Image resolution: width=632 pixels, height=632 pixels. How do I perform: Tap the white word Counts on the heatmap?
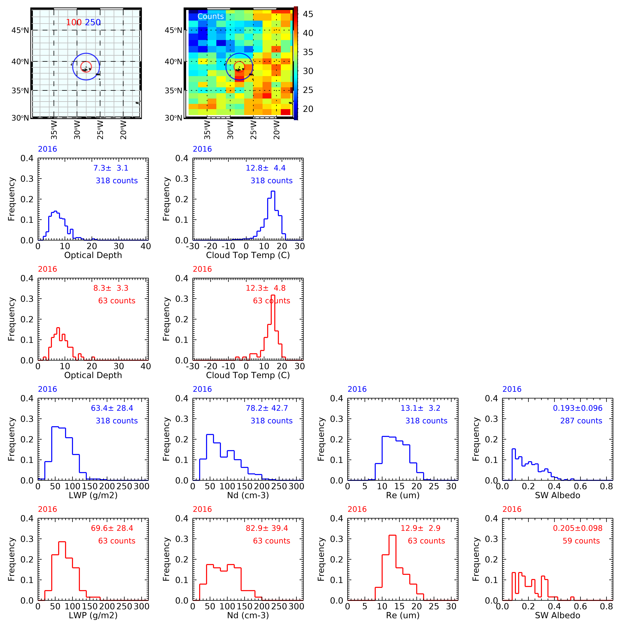pyautogui.click(x=211, y=16)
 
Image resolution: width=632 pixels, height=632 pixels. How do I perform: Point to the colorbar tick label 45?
pyautogui.click(x=308, y=14)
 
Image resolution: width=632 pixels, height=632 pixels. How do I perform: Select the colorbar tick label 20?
pyautogui.click(x=308, y=109)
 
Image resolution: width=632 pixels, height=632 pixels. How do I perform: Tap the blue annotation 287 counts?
pyautogui.click(x=581, y=421)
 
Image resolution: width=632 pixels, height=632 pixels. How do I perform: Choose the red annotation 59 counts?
pyautogui.click(x=581, y=541)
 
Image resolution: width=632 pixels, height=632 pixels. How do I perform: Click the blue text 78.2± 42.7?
pyautogui.click(x=267, y=408)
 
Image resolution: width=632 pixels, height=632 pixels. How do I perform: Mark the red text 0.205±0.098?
pyautogui.click(x=577, y=528)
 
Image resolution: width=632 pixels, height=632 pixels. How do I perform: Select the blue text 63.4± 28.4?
pyautogui.click(x=112, y=408)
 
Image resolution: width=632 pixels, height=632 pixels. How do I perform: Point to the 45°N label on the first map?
pyautogui.click(x=20, y=30)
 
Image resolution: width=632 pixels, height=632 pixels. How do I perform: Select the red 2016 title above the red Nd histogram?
pyautogui.click(x=202, y=509)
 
